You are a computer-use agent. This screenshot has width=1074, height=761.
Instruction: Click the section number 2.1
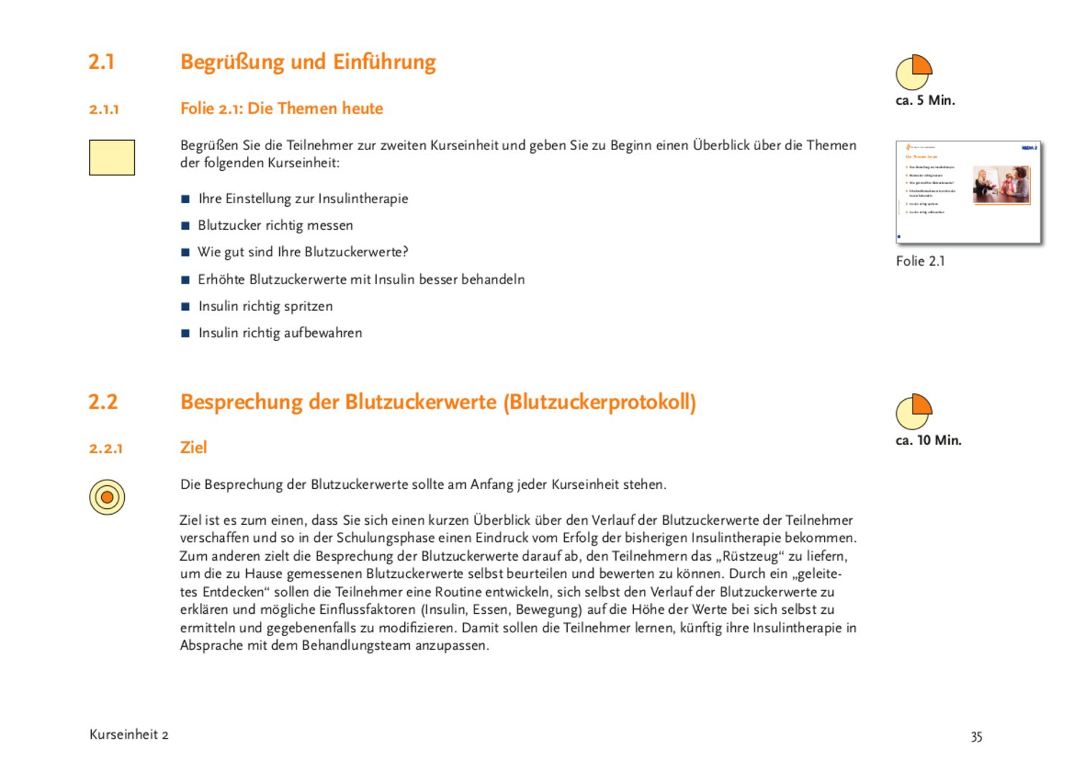(101, 62)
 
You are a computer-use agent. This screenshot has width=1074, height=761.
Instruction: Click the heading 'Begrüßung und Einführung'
(308, 62)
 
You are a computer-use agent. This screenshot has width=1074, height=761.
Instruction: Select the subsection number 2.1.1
(104, 109)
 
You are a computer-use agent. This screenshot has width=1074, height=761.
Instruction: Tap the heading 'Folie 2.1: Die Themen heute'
(281, 108)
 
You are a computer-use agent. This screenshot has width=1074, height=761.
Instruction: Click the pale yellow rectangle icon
(112, 157)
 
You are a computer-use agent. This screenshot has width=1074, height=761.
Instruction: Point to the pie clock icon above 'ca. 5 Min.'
(913, 73)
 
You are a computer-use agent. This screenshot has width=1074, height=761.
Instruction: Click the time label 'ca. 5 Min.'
(925, 101)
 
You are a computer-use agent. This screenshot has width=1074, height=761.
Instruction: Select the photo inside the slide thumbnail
(1001, 185)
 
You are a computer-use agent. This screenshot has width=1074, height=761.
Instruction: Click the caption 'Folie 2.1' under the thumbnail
(920, 261)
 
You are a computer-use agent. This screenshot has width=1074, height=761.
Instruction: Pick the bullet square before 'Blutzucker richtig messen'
(186, 226)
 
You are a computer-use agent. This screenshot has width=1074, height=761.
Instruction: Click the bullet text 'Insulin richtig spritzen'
(266, 307)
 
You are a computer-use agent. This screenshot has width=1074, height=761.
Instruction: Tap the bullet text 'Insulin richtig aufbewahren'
(280, 333)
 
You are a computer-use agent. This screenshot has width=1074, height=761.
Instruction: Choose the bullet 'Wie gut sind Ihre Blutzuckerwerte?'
(303, 252)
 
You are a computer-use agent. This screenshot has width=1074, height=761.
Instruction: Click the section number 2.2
(103, 402)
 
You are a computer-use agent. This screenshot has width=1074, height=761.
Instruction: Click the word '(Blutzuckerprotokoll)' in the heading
(599, 402)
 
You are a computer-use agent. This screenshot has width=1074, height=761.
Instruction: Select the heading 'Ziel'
(193, 447)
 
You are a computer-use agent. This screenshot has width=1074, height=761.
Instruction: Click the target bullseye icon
(107, 497)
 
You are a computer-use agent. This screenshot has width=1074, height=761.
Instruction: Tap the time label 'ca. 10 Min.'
(928, 440)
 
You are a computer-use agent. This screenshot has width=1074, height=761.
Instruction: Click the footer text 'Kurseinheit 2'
(129, 734)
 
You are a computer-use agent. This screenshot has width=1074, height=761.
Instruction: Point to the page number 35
(976, 737)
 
